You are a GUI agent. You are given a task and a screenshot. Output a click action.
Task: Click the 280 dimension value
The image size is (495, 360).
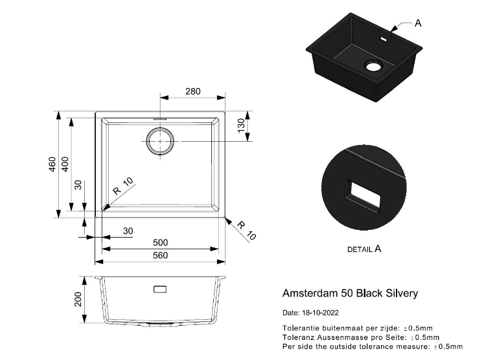pos(193,91)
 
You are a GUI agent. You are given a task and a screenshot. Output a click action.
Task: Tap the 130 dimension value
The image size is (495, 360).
pos(241,125)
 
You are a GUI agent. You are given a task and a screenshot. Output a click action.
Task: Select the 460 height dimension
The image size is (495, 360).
pos(52,164)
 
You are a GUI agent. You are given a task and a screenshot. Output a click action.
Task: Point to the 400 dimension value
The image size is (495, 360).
pos(65,164)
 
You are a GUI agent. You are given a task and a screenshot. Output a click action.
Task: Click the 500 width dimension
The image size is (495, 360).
pos(161,242)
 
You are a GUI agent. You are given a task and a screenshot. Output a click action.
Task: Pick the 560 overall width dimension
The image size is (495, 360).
pos(161,255)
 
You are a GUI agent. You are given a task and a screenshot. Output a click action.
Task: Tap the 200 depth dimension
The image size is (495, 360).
pos(78,299)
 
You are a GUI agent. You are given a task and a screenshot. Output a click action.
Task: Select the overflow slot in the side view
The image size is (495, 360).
pos(160,289)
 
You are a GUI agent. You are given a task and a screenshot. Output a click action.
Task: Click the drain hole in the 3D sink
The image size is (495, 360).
pos(373,65)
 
